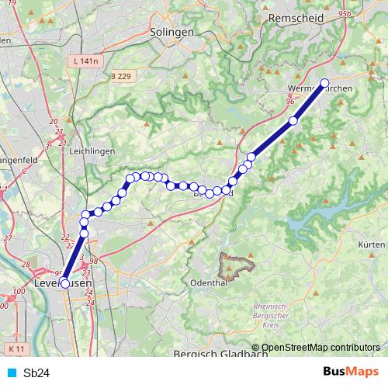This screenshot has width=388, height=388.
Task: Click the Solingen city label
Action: click(x=173, y=32)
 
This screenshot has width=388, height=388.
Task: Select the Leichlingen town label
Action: click(x=91, y=150)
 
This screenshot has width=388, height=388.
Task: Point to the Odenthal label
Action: click(x=207, y=283)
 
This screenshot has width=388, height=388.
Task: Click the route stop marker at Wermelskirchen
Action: click(x=324, y=83)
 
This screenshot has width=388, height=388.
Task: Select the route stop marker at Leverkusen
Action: click(x=64, y=283)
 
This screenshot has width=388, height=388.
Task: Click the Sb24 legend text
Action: click(x=36, y=372)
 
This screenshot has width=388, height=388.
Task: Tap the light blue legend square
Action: click(x=11, y=372)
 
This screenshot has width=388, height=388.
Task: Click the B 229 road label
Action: click(x=121, y=75)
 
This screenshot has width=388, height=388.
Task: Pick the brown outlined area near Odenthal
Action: click(x=237, y=266)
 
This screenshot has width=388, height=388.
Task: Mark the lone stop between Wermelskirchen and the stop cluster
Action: click(x=293, y=120)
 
